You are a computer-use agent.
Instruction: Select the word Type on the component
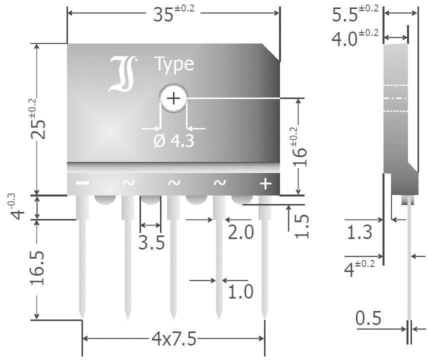173,64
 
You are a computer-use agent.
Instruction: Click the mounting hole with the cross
173,98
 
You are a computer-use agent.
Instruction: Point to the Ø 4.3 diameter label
173,141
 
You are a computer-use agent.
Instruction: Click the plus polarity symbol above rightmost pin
265,184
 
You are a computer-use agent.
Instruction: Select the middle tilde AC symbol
173,183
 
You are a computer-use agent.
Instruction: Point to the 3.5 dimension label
151,243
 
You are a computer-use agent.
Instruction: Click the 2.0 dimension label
240,233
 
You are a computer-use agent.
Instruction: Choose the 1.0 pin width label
240,291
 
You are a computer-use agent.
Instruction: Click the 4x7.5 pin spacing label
173,339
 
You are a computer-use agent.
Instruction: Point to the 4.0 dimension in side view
355,39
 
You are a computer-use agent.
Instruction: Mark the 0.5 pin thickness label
368,318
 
